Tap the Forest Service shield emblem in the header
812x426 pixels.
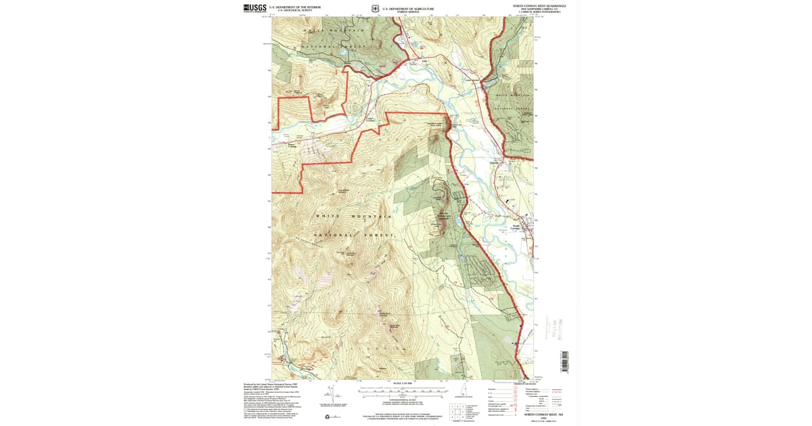(x=376, y=10)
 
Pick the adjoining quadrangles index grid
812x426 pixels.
(x=457, y=410)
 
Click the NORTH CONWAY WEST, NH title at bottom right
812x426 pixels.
(x=545, y=413)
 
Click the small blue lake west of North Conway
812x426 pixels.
(x=459, y=221)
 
